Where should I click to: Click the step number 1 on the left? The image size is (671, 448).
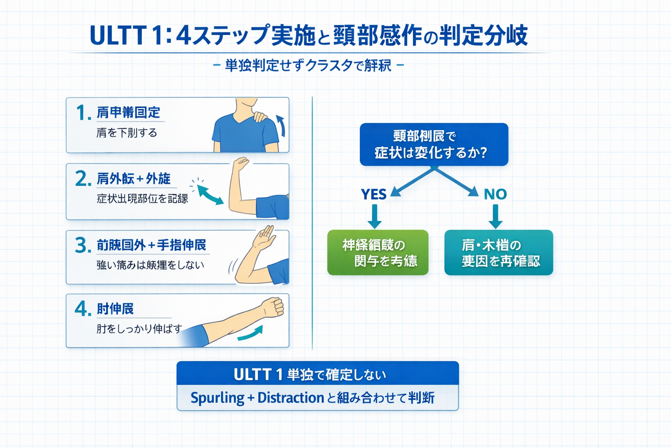click(x=82, y=113)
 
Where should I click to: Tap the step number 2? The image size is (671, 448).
click(x=83, y=179)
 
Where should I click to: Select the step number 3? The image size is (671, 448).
click(x=83, y=245)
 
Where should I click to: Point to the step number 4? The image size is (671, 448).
click(x=83, y=309)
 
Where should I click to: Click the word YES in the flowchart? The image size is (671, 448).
click(x=374, y=194)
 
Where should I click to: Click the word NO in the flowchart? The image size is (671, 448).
click(x=495, y=194)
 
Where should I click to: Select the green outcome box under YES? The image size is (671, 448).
click(x=377, y=252)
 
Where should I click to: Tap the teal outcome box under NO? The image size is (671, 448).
click(x=498, y=252)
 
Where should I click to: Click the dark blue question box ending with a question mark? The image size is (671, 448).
click(x=434, y=144)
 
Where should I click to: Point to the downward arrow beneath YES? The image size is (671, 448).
click(x=374, y=217)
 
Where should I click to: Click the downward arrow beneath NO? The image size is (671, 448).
click(x=495, y=217)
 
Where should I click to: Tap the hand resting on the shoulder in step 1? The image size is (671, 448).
click(x=260, y=116)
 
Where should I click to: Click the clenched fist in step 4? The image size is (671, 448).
click(x=273, y=307)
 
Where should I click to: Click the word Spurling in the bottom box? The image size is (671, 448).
click(x=217, y=398)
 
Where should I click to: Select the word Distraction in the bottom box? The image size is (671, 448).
click(x=291, y=398)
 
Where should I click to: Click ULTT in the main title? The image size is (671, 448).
click(x=118, y=35)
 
